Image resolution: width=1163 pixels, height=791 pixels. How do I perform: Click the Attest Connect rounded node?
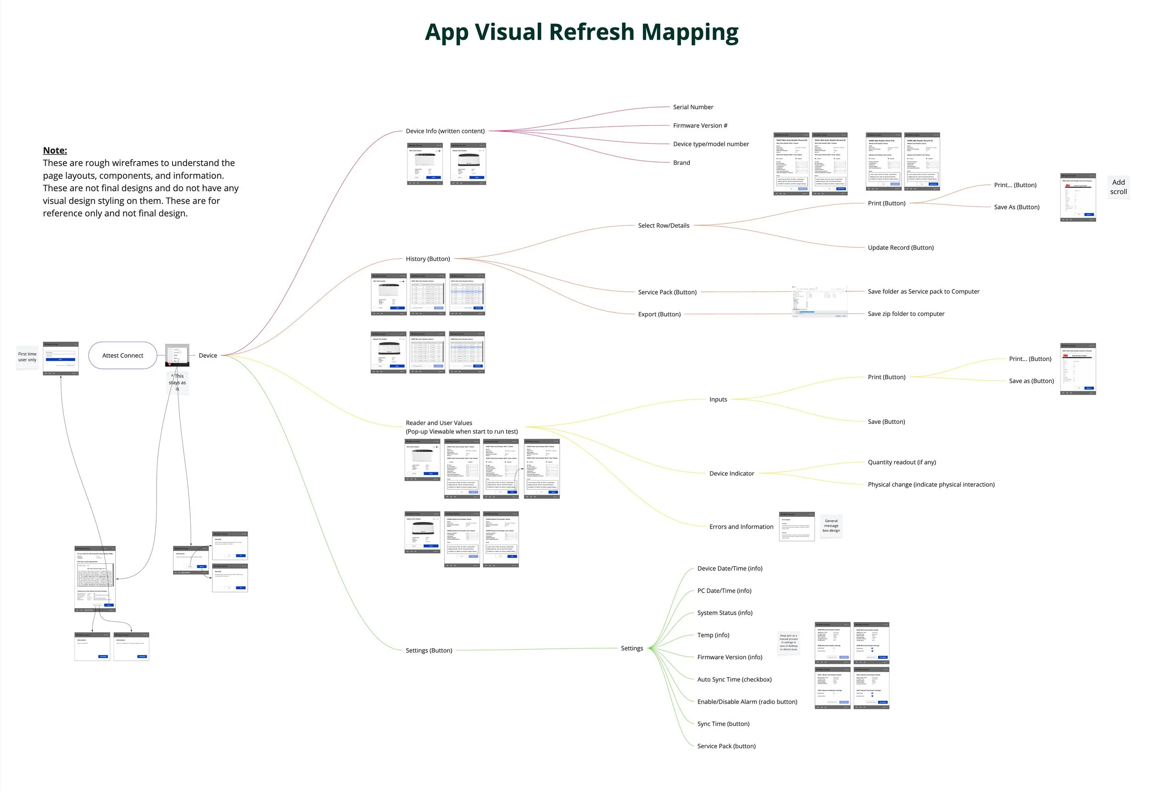[x=123, y=355]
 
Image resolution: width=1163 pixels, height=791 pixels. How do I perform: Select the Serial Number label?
[x=693, y=107]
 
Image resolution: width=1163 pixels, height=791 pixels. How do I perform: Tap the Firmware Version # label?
[x=700, y=126]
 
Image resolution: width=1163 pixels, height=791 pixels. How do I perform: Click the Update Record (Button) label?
[x=900, y=248]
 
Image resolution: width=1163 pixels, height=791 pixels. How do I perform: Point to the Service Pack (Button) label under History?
[x=667, y=292]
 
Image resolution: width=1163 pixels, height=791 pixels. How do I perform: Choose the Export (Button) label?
[x=659, y=315]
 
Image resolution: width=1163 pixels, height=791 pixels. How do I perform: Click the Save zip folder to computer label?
[x=906, y=314]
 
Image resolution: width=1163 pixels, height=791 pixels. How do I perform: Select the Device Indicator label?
[x=731, y=474]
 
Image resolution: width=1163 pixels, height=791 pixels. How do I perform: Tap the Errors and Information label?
[x=741, y=527]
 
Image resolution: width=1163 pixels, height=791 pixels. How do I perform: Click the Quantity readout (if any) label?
[x=901, y=463]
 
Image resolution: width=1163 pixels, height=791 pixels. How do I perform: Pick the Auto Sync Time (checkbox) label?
[x=734, y=679]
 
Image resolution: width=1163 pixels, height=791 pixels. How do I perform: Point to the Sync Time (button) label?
[x=723, y=724]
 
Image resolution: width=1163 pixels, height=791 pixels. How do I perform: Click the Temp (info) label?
[x=713, y=635]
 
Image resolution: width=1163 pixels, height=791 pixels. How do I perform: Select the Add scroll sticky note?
[x=1118, y=187]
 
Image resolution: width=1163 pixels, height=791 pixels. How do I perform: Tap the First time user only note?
[x=27, y=357]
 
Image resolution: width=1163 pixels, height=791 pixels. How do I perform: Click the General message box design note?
[x=831, y=526]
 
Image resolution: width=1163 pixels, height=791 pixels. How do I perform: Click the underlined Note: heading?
[x=55, y=150]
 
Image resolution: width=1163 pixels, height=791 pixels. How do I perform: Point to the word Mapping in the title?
[x=689, y=32]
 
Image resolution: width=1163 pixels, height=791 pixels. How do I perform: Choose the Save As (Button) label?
[x=1016, y=207]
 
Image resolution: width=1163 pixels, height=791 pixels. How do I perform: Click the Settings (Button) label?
[x=428, y=650]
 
